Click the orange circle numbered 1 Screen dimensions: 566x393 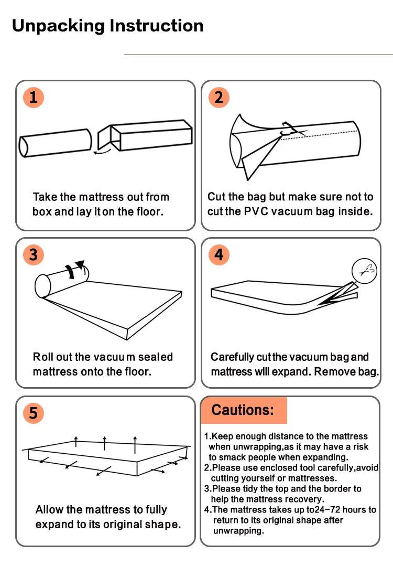click(x=33, y=98)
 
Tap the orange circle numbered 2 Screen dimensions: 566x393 click(x=219, y=98)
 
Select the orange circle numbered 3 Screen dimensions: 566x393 click(x=33, y=255)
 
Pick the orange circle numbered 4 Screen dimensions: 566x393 click(x=219, y=255)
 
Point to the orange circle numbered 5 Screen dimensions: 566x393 click(x=33, y=413)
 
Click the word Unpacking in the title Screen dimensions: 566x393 click(x=58, y=25)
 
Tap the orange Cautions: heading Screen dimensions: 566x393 click(x=243, y=410)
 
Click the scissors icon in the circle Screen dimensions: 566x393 click(x=365, y=271)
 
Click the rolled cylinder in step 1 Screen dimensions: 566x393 click(x=56, y=143)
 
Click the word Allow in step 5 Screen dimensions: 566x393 click(x=51, y=510)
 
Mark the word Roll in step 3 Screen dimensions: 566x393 click(x=42, y=357)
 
